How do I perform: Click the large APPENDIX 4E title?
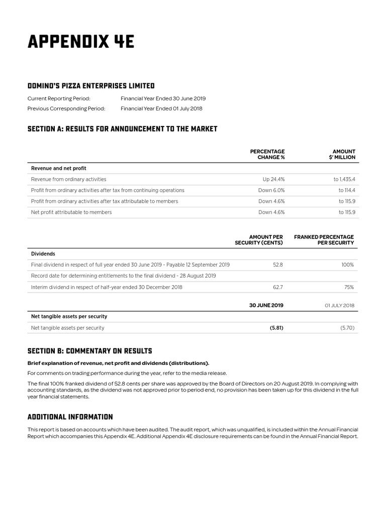[81, 42]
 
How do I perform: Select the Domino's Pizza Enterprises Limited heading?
[91, 86]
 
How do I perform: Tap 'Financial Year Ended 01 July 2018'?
[161, 108]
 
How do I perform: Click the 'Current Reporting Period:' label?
[59, 99]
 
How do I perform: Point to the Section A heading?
[122, 129]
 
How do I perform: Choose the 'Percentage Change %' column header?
[267, 154]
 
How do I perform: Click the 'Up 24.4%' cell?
[274, 179]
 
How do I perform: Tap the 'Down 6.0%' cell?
[271, 190]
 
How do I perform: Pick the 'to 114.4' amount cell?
[347, 190]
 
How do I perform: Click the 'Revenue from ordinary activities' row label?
[69, 179]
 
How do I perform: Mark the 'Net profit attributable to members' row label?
[71, 212]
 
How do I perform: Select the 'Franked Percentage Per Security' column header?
[324, 239]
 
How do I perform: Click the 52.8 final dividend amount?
[278, 265]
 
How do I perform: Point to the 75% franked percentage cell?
[349, 288]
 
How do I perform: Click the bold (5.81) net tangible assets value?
[276, 328]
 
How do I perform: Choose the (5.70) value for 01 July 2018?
[347, 328]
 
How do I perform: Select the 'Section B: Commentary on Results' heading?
[89, 351]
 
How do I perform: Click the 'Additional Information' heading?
[70, 417]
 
